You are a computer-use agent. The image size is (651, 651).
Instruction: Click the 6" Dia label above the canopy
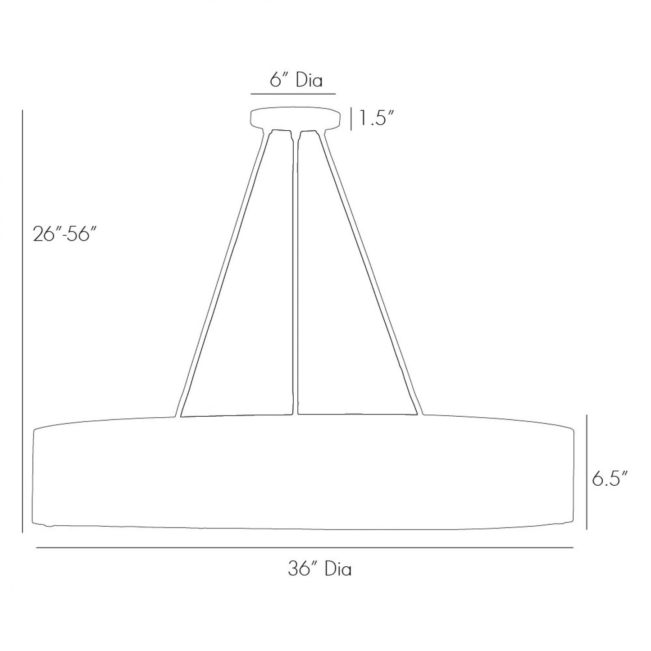pyautogui.click(x=296, y=80)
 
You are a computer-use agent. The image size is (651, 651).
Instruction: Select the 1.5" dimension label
pyautogui.click(x=376, y=118)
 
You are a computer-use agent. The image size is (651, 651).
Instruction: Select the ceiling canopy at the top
pyautogui.click(x=295, y=118)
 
